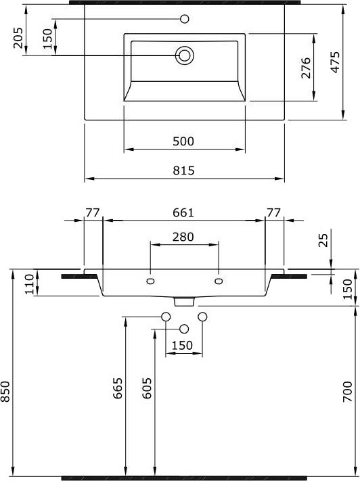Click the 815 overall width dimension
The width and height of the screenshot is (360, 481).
183,170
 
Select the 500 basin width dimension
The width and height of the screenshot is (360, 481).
183,141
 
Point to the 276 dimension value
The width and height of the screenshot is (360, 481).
306,68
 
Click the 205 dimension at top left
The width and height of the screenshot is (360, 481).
18,38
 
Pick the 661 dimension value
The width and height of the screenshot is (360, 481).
183,212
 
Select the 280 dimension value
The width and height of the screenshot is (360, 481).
183,237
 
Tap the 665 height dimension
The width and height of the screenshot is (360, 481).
118,388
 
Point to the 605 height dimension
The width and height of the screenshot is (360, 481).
148,388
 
